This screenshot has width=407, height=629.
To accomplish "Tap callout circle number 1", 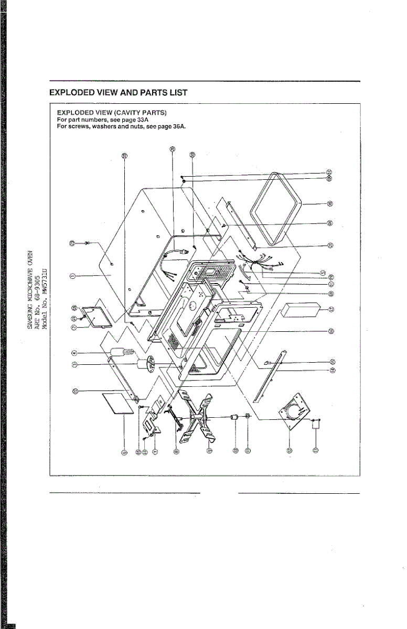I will [x=73, y=275].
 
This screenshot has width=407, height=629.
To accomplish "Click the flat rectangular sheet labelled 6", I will [x=116, y=404].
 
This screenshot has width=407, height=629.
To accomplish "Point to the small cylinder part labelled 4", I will [x=122, y=351].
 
